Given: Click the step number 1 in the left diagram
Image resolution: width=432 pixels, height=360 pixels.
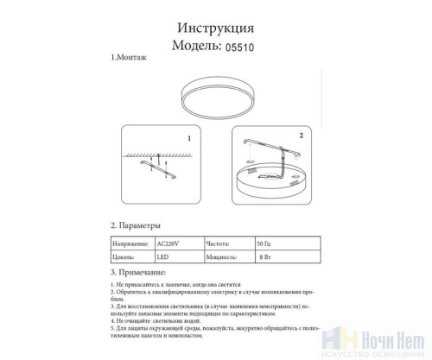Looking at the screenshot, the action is tap(188, 138).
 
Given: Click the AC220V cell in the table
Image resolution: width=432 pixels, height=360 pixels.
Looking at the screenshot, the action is tap(178, 245).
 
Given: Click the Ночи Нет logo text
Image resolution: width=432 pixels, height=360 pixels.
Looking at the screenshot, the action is tap(397, 339).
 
